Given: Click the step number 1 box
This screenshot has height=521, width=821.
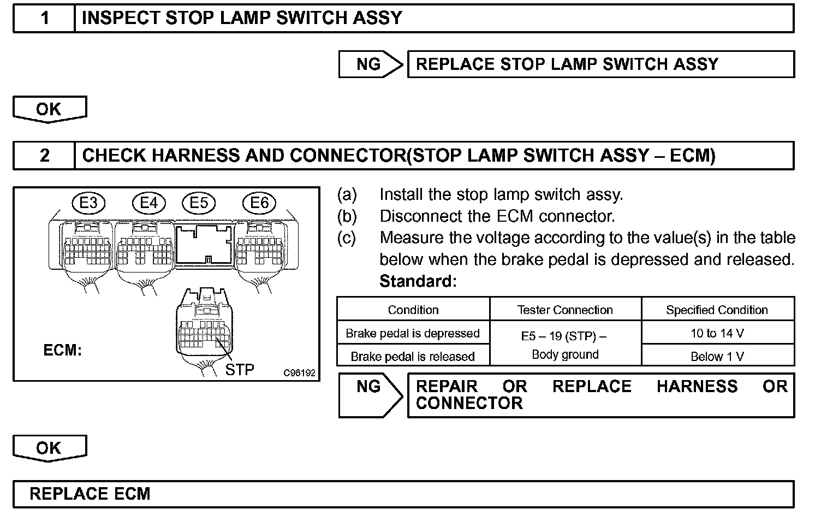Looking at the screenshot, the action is click(44, 19).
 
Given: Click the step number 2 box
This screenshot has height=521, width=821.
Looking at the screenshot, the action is click(44, 156).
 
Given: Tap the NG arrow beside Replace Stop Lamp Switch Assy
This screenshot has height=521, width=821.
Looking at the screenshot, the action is click(370, 64).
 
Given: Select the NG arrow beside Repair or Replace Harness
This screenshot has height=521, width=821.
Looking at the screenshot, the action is click(370, 394).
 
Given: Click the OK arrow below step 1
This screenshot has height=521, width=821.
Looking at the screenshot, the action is click(49, 109).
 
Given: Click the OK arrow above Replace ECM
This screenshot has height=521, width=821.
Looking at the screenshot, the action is click(49, 448).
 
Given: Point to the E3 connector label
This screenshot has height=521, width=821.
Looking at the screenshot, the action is click(88, 203).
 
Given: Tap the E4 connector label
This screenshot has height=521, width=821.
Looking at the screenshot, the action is click(148, 203).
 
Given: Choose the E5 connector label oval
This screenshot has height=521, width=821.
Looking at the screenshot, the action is click(199, 203).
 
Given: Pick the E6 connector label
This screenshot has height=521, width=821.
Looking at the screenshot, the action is click(259, 203).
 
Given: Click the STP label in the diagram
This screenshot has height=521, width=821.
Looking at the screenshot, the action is click(240, 370).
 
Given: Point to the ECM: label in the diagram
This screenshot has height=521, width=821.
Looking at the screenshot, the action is click(62, 350).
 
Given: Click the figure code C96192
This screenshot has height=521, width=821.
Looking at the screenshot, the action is click(299, 373).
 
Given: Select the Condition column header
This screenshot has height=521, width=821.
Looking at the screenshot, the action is click(413, 310).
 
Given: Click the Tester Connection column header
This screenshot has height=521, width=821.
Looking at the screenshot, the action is click(565, 310).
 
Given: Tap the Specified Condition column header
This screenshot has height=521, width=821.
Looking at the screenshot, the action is click(717, 310).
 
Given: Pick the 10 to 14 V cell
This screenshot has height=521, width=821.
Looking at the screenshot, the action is click(717, 333).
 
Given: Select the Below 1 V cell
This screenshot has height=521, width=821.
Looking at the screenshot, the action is click(717, 357).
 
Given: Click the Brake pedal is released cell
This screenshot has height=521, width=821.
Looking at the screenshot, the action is click(413, 357).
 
